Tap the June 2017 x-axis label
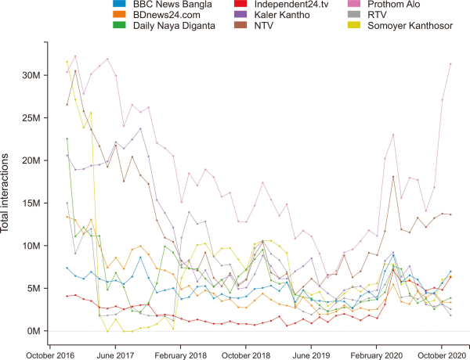[115, 353]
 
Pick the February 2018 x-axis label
[181, 353]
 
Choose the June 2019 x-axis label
[311, 353]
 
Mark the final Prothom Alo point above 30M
[450, 64]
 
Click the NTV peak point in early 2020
[393, 177]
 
